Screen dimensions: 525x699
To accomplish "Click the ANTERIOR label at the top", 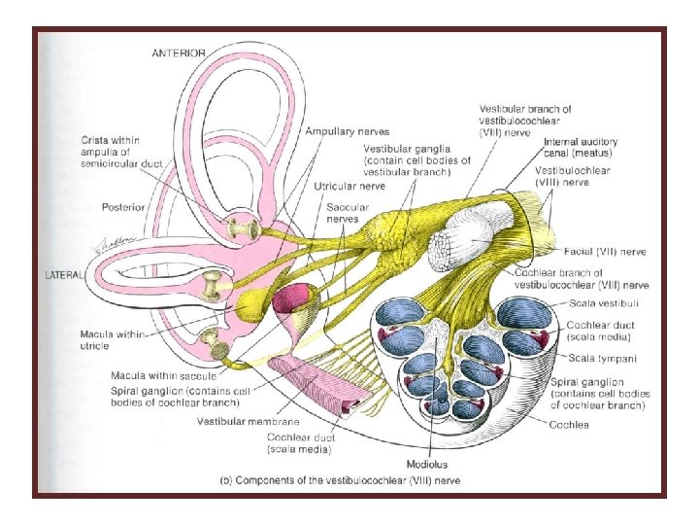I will tap(179, 52).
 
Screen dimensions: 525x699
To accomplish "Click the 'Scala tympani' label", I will tap(597, 357).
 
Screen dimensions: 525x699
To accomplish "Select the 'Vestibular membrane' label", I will tap(248, 422).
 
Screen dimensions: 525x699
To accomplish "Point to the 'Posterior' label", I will tap(124, 206).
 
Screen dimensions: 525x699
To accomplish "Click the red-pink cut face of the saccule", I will tap(294, 297).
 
